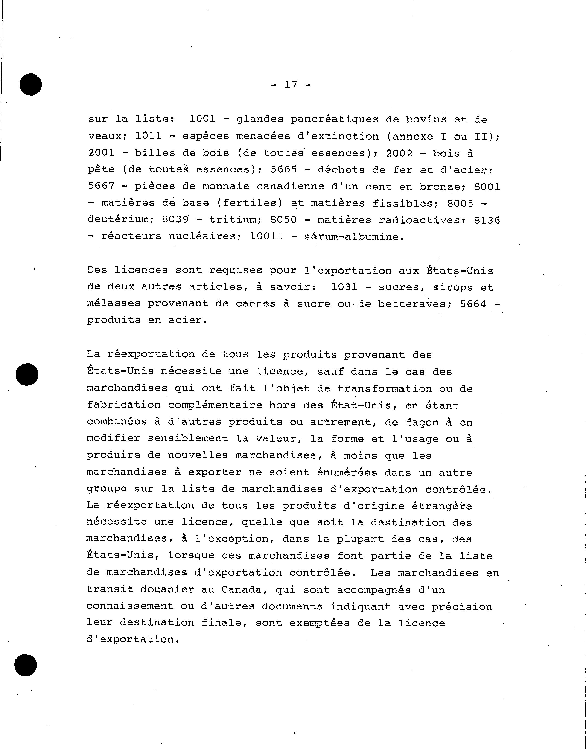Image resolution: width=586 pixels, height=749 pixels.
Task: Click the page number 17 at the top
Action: click(291, 85)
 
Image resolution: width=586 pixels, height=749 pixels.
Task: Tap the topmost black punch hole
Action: click(31, 85)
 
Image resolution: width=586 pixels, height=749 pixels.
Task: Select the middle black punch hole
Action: click(27, 374)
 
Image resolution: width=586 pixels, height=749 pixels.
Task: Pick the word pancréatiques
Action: click(335, 120)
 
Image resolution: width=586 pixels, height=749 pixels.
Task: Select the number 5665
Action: click(284, 169)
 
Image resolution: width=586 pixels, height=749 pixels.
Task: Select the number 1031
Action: click(344, 287)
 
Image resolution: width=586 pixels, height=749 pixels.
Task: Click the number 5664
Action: click(473, 304)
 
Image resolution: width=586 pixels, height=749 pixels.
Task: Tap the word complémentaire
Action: click(215, 405)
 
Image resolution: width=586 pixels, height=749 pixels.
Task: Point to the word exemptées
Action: click(319, 623)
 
